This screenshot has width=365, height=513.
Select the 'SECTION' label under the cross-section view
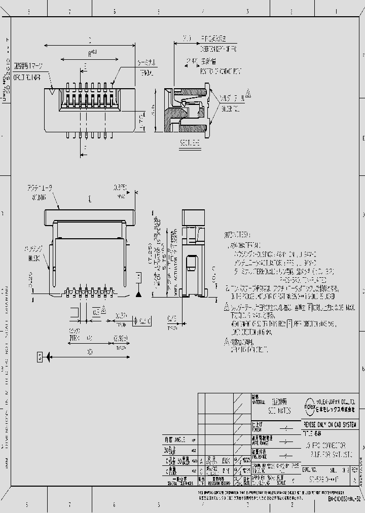(x=190, y=143)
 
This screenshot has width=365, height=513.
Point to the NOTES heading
(x=237, y=235)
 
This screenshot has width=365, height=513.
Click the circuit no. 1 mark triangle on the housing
(x=53, y=92)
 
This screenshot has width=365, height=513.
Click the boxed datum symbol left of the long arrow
(x=40, y=357)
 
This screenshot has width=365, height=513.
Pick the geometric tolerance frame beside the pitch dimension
(x=141, y=321)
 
